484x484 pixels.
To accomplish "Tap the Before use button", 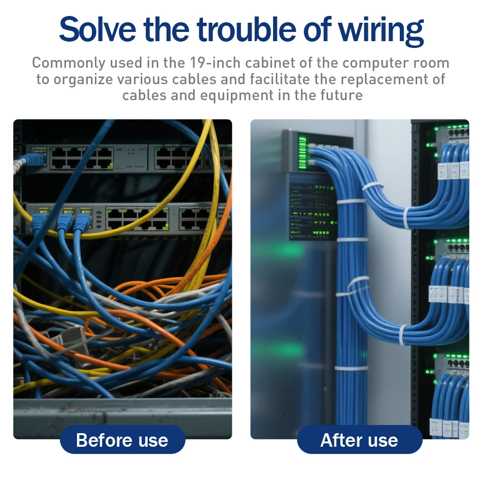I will (x=122, y=440).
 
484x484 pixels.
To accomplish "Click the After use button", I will (x=359, y=440).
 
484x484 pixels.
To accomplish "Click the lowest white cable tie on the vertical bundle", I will (x=351, y=368).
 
